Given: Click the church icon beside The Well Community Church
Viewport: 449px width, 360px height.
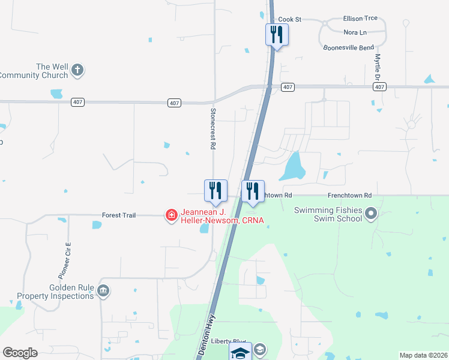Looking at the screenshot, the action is pos(77,71).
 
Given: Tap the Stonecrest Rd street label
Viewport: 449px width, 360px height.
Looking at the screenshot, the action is pos(212,128).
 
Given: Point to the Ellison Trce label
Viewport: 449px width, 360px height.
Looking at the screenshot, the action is pos(360,19).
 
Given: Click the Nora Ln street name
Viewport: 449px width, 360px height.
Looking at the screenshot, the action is pos(355,32).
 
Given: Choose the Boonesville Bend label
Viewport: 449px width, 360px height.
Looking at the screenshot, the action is pos(348,47).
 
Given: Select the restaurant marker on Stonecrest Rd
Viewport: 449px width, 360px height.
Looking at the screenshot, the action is pos(215,190).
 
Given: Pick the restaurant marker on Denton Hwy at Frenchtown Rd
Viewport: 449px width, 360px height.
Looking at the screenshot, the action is pos(253,191).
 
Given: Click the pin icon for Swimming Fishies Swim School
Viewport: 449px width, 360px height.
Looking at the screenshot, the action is pos(371,214).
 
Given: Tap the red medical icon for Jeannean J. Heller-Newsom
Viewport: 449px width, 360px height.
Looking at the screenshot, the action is pos(172,215).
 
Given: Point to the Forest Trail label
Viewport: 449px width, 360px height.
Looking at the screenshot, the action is pos(118,215).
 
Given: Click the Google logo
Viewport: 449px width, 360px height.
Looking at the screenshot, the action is pos(20,353).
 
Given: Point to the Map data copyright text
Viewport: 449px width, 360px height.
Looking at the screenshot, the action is pos(423,355).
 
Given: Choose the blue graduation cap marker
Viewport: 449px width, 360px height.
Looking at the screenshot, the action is pos(241,353).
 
